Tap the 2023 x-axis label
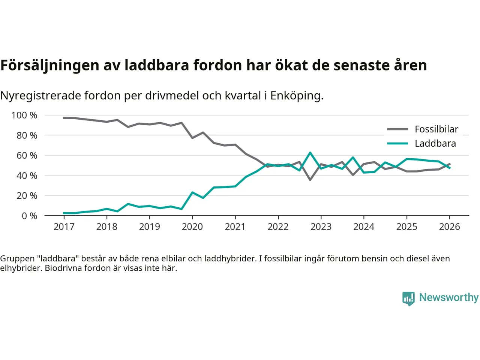click(321, 227)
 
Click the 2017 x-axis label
click(64, 227)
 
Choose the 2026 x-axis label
click(449, 227)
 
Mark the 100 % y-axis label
click(24, 115)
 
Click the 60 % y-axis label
click(27, 156)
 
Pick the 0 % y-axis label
click(29, 216)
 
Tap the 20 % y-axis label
click(27, 196)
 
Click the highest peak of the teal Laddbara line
click(310, 153)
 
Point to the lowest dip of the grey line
click(310, 180)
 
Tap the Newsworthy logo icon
click(408, 298)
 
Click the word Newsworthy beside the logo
click(449, 297)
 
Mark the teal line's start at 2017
click(64, 213)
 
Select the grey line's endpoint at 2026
click(450, 164)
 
